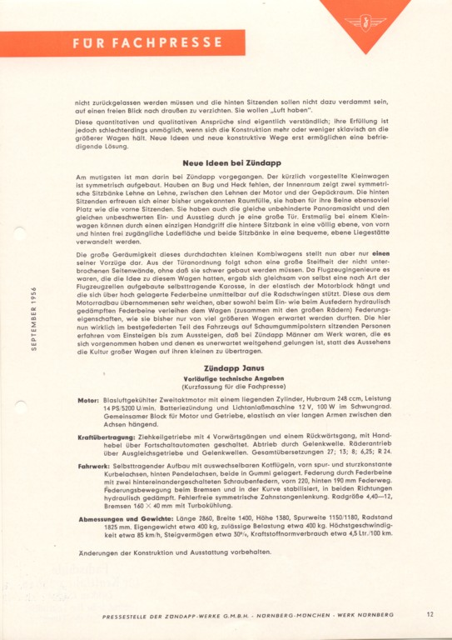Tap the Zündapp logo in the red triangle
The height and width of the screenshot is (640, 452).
point(365,20)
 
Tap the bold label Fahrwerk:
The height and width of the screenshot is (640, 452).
point(92,465)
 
